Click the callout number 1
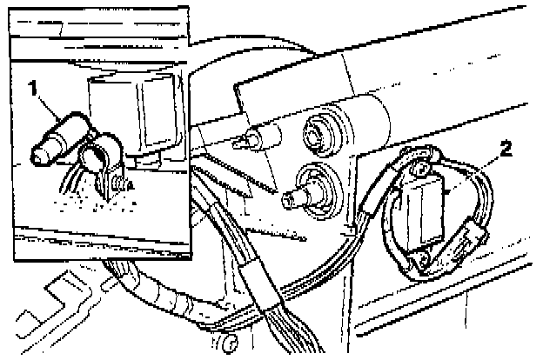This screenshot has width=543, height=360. (x=33, y=89)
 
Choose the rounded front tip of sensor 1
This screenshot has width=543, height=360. (x=39, y=155)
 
